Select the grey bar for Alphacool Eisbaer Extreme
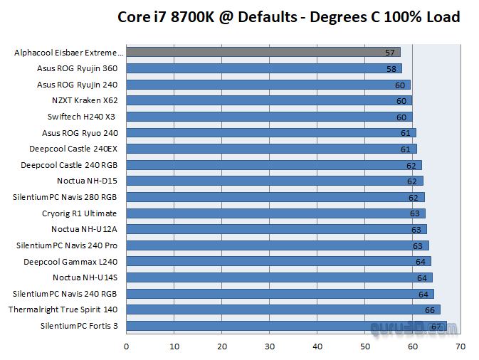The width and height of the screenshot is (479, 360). click(263, 52)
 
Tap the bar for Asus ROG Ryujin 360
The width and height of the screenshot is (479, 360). click(264, 68)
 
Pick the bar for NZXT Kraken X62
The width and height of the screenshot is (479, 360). click(269, 100)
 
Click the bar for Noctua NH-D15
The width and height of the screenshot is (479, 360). click(274, 181)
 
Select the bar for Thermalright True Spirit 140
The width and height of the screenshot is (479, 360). click(283, 309)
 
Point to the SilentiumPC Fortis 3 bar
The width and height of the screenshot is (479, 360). click(285, 326)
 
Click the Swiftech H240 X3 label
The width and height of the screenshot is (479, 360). click(82, 117)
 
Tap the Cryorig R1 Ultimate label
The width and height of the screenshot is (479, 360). click(79, 213)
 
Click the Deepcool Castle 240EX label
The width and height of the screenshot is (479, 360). click(73, 149)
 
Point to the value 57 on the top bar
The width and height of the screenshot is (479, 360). click(389, 53)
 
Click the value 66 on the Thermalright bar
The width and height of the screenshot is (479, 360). click(430, 310)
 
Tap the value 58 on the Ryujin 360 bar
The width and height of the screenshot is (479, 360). click(392, 69)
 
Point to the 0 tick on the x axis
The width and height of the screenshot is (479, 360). click(127, 346)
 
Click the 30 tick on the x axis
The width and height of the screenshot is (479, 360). click(270, 346)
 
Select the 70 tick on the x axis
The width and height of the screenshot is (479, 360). click(460, 346)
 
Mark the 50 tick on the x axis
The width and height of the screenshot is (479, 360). click(365, 346)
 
